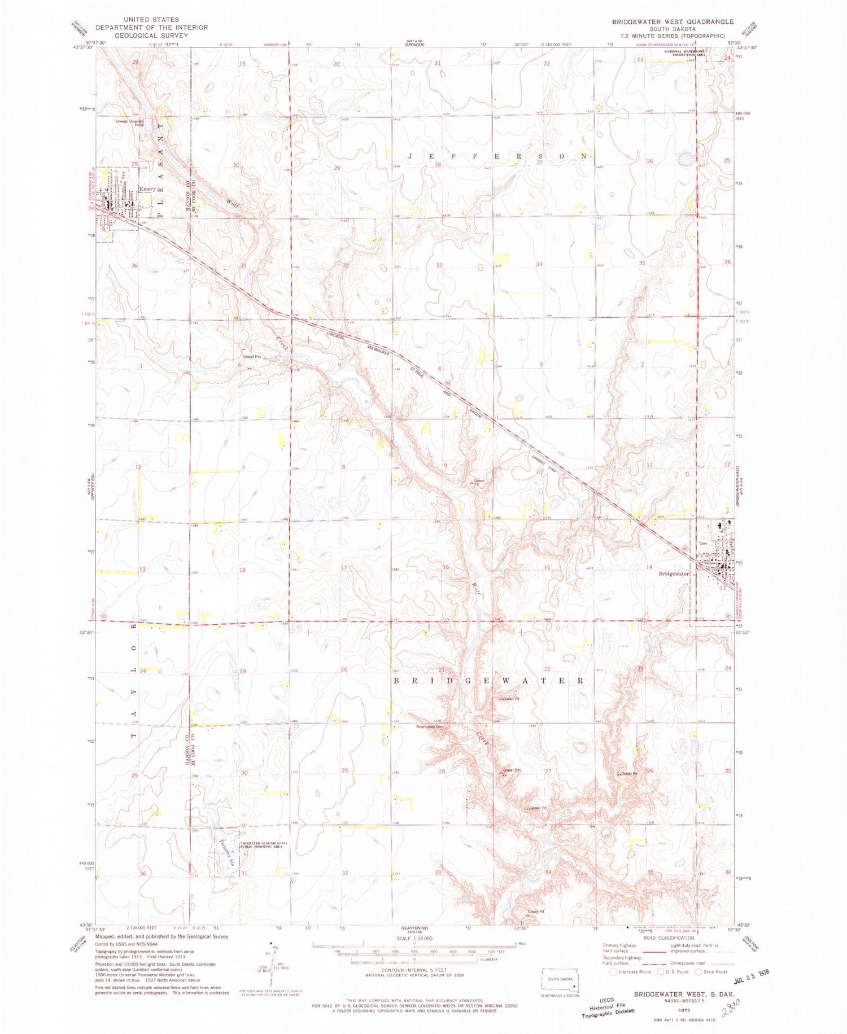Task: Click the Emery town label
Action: pyautogui.click(x=147, y=189)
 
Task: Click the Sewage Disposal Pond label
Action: pyautogui.click(x=131, y=122)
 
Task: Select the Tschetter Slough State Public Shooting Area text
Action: pyautogui.click(x=264, y=845)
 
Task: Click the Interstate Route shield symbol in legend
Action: pyautogui.click(x=614, y=971)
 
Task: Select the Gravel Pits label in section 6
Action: pyautogui.click(x=252, y=357)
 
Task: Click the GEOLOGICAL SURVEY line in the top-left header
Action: pyautogui.click(x=151, y=35)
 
